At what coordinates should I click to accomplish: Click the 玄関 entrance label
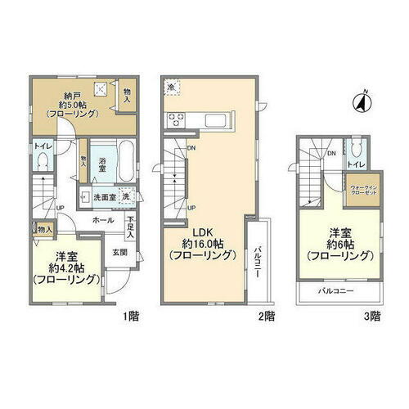point(119,252)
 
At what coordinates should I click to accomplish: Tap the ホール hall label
point(103,221)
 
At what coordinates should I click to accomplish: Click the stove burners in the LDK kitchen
point(177,120)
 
